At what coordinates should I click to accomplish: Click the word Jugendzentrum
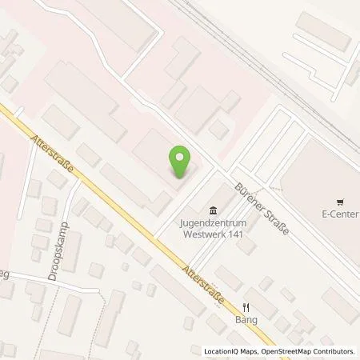(212, 216)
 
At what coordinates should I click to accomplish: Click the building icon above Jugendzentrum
(212, 204)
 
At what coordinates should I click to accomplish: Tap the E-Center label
(340, 214)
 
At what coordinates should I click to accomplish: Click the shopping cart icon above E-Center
(340, 202)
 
